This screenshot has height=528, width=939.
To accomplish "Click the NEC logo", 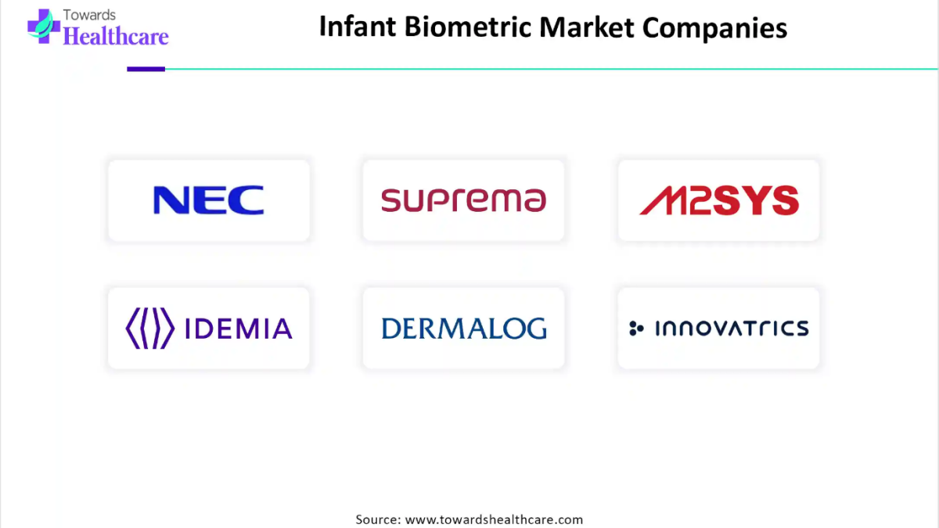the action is [x=209, y=200].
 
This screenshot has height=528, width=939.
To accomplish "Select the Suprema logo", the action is [x=463, y=200].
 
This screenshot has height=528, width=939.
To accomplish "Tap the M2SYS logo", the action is [x=719, y=200].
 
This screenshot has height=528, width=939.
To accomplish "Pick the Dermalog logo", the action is [x=464, y=328].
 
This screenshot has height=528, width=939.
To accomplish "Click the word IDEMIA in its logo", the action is [x=238, y=328].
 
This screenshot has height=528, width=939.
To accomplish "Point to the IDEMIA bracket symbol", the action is [x=150, y=328].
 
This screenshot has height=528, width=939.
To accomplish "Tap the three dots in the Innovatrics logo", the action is [x=636, y=328].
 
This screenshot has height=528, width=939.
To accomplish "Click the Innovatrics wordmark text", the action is [x=732, y=328].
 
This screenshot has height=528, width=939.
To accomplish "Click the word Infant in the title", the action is [x=358, y=27].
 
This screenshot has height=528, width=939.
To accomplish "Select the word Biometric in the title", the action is [x=468, y=27].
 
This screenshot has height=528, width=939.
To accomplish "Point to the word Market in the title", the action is [x=586, y=27].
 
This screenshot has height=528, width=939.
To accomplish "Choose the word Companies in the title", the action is [x=714, y=28].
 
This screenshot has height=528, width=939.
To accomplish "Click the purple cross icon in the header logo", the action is [x=43, y=26].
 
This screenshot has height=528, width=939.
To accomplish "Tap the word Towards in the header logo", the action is [x=89, y=15].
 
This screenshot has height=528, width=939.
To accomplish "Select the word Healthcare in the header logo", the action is [x=116, y=36].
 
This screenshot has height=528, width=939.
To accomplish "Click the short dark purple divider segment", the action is [x=146, y=69].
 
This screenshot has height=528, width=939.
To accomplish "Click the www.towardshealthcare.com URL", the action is [x=494, y=519].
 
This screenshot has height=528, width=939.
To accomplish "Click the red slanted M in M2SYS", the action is [x=662, y=200].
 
